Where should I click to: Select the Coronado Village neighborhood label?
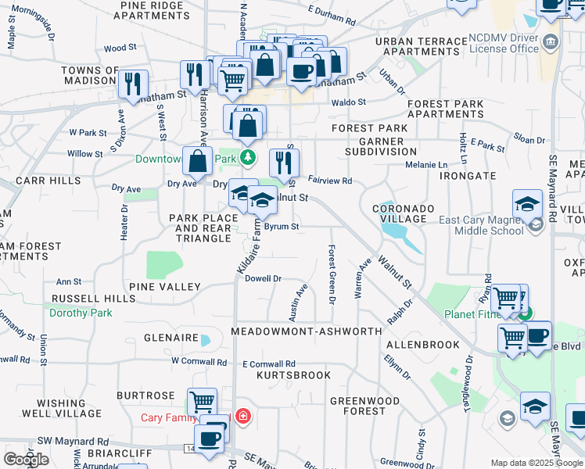[x=403, y=213]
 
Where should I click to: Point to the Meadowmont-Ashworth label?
[x=307, y=332]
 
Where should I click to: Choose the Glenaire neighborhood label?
[x=170, y=338]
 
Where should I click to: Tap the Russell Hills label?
[x=82, y=299]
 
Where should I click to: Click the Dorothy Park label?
[x=81, y=313]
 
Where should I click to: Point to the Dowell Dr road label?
[x=263, y=278]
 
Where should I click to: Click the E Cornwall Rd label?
[x=268, y=364]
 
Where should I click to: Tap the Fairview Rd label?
[x=330, y=181]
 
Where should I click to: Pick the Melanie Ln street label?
[x=426, y=165]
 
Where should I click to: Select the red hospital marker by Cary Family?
[x=244, y=415]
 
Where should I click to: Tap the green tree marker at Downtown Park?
[x=248, y=158]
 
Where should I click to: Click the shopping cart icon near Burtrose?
[x=203, y=402]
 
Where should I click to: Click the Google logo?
[x=26, y=460]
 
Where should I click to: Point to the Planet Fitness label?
[x=472, y=314]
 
